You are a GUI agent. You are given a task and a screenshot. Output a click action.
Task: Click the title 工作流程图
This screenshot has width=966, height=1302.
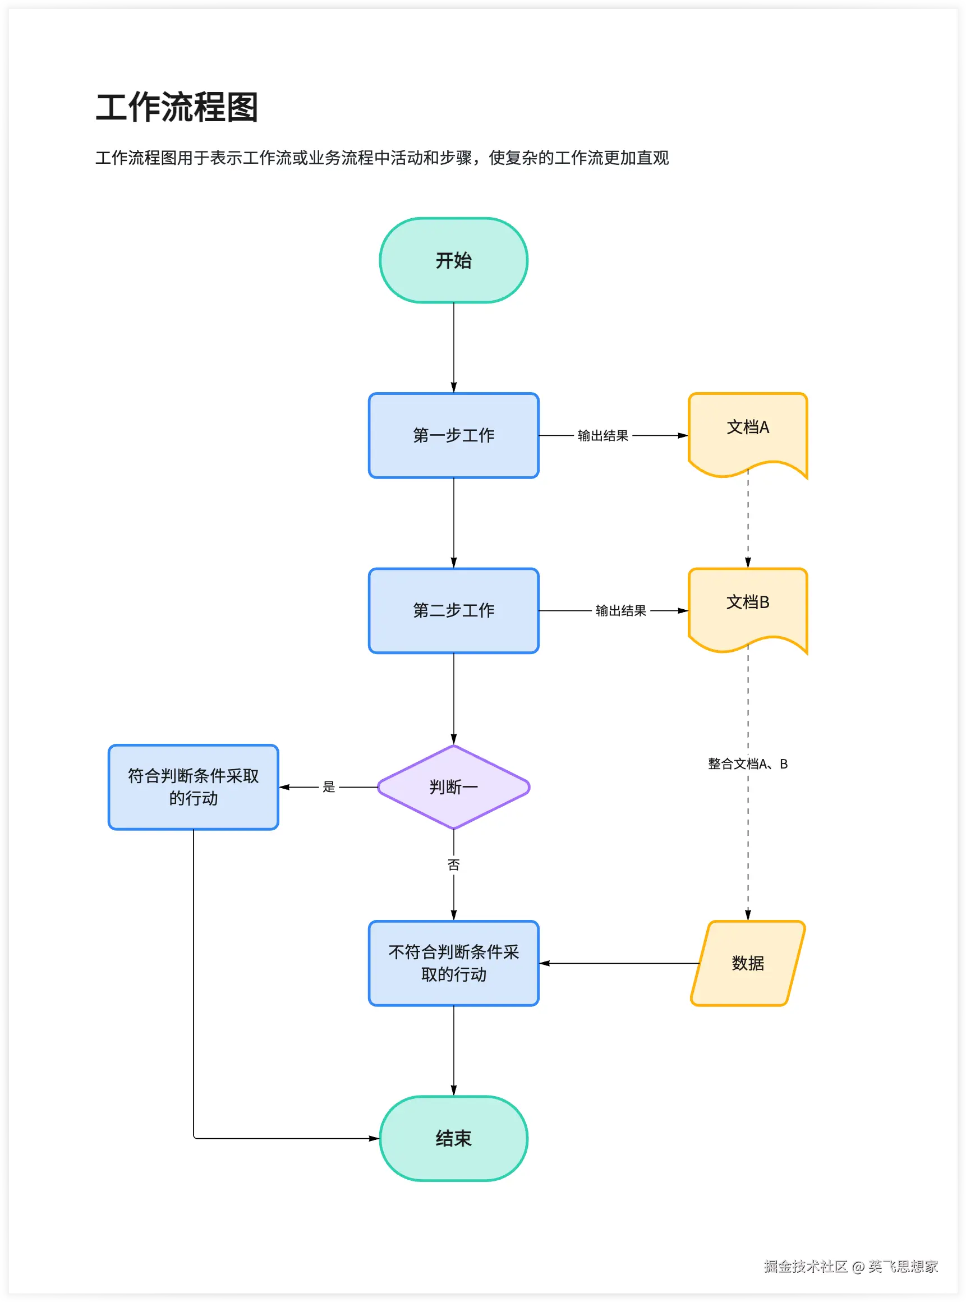(x=177, y=108)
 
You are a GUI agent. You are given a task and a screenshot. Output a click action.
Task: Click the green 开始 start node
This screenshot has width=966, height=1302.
(x=453, y=260)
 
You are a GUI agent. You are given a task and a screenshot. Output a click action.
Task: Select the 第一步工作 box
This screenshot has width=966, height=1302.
(x=453, y=435)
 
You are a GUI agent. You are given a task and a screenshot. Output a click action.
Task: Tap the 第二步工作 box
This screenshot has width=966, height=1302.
(x=453, y=610)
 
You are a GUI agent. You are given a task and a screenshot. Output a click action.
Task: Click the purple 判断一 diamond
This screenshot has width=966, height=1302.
(x=453, y=787)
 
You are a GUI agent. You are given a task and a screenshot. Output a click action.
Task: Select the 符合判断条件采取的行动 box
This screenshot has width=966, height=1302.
(x=193, y=787)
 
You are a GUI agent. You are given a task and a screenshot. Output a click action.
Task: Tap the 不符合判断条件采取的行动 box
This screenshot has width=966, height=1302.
(x=453, y=963)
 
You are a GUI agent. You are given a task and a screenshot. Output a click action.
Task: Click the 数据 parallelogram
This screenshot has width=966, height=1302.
(x=747, y=963)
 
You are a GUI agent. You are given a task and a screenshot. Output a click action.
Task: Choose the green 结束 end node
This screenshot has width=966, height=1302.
(x=453, y=1138)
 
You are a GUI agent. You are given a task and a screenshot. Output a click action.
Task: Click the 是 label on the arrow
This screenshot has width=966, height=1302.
(x=329, y=787)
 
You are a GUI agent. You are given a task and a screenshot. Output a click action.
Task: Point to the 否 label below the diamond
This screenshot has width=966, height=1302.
(x=453, y=864)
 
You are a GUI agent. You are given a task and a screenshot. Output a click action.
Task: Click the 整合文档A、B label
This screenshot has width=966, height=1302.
(x=747, y=763)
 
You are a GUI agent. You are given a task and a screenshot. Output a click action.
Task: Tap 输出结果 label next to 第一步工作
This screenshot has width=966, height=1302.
(x=603, y=435)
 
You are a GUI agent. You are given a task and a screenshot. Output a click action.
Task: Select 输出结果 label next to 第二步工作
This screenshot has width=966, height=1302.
(x=620, y=610)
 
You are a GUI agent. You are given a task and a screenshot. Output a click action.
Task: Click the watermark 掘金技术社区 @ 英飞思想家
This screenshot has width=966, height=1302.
(x=850, y=1266)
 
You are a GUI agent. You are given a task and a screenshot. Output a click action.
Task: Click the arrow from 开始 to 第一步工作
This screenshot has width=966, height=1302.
(x=453, y=347)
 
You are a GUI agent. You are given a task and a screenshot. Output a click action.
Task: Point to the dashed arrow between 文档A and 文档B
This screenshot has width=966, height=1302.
(x=747, y=521)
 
